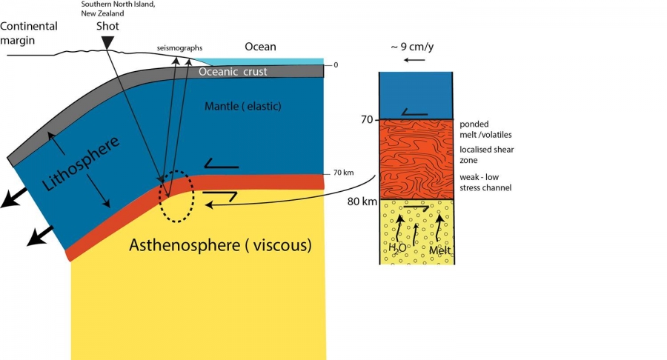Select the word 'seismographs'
(x=179, y=48)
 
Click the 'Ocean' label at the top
(x=260, y=47)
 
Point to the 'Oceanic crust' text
(x=233, y=72)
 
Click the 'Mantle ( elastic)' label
(x=243, y=107)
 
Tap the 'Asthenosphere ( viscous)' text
(x=220, y=244)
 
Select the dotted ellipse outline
(x=177, y=197)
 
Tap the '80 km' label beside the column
(x=363, y=201)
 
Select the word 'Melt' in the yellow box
(x=440, y=250)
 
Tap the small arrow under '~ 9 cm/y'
(x=416, y=59)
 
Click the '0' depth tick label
(x=336, y=65)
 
